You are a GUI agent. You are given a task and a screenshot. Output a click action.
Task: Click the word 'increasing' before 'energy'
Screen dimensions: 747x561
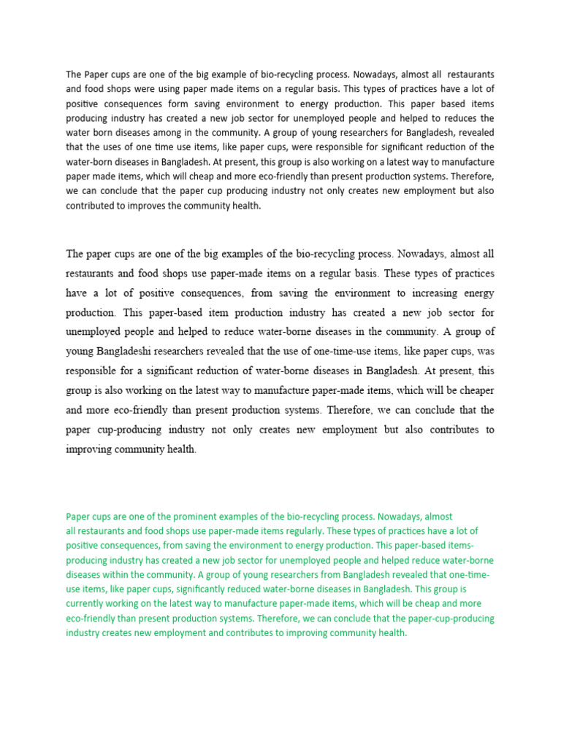tap(426, 293)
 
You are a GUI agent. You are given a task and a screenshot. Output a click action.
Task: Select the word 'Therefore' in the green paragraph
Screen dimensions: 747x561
tap(318, 619)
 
